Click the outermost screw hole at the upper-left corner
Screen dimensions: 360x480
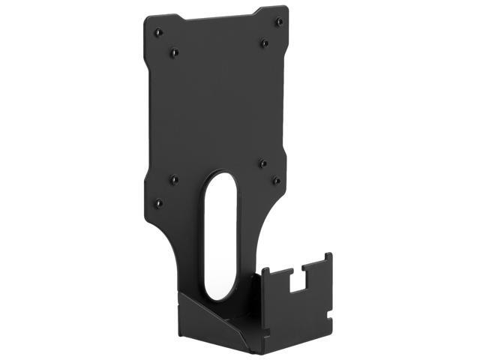[x=157, y=32]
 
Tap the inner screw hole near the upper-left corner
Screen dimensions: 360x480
[x=174, y=52]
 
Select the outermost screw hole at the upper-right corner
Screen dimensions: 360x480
[x=279, y=22]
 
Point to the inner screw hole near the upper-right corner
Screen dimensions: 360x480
[x=264, y=43]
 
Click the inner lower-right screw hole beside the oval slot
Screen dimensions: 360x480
[x=262, y=163]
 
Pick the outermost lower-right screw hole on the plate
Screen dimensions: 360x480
[x=276, y=181]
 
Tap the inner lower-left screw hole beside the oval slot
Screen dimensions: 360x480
[x=174, y=179]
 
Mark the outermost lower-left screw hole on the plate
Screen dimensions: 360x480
[x=158, y=202]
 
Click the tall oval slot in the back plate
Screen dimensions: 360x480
[x=220, y=232]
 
